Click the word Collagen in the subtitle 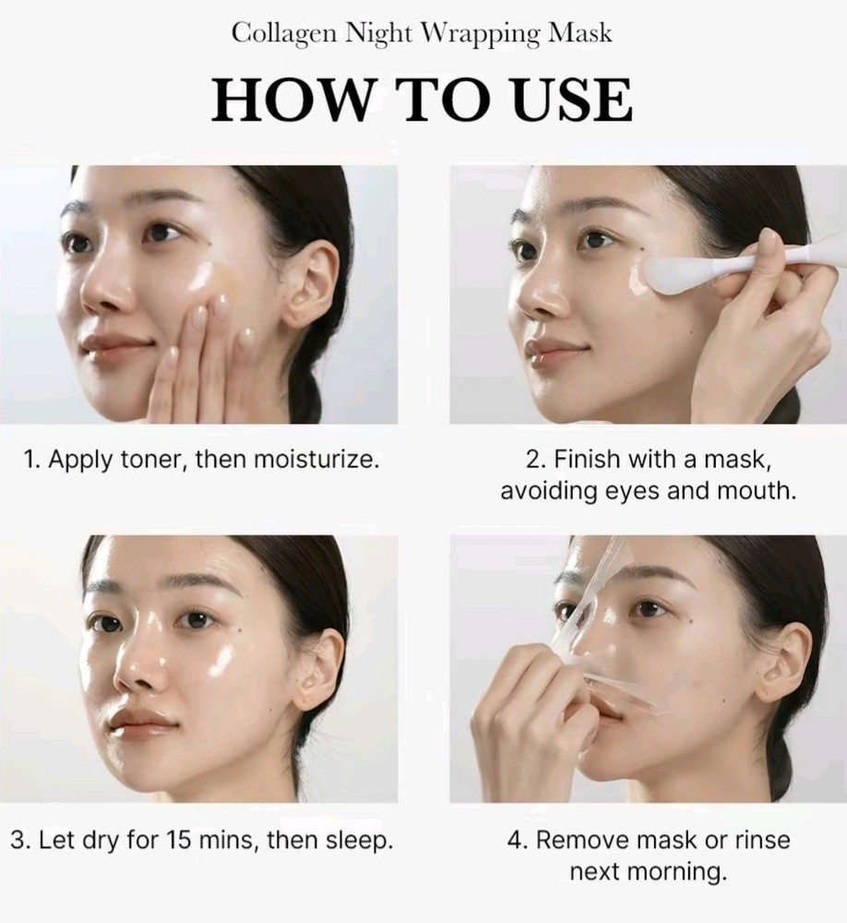pos(284,34)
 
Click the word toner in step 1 pos(154,459)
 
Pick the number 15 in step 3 pos(180,840)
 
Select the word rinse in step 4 pos(762,840)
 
